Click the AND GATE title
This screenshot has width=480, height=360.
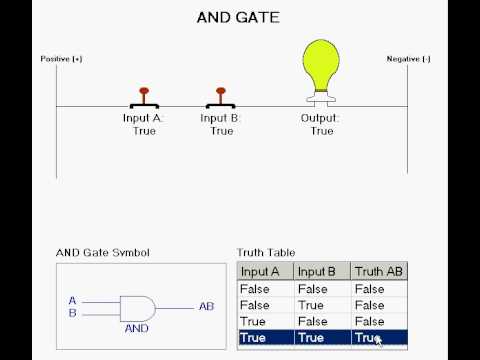pos(238,18)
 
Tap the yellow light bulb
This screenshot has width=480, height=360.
pos(321,65)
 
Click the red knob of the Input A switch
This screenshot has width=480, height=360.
pos(144,91)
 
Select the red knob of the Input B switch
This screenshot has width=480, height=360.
pos(221,91)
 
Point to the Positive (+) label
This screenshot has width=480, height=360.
pos(61,59)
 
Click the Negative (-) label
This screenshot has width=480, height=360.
pos(408,59)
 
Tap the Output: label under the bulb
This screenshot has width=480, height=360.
pos(320,118)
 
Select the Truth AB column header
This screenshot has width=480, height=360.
pos(378,271)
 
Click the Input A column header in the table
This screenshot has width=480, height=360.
pos(260,272)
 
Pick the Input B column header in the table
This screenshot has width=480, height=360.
pos(317,272)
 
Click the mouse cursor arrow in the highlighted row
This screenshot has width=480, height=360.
pos(379,341)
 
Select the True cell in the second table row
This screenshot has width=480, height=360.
pos(311,305)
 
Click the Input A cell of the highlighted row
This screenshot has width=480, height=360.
pos(253,338)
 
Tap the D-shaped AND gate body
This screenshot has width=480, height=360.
pos(137,309)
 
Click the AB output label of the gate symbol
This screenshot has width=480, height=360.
pos(206,306)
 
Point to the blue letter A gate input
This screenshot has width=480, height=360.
pos(72,301)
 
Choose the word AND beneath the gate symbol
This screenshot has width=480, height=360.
pos(137,329)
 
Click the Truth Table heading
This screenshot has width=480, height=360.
pos(266,253)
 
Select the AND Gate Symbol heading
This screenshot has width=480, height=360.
pos(103,253)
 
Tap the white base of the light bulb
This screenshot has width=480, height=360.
pos(321,99)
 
